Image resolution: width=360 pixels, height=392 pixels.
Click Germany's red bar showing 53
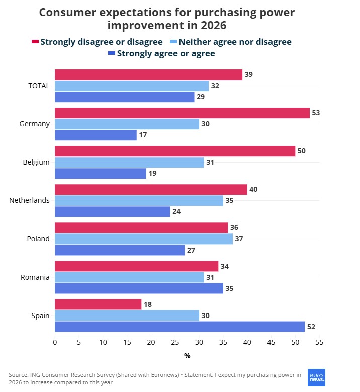(182, 113)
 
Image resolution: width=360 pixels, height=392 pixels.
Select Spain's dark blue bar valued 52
(179, 327)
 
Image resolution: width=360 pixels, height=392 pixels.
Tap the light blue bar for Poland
(144, 239)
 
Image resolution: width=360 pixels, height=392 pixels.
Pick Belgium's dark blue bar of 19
(101, 174)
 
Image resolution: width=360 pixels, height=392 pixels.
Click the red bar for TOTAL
(148, 74)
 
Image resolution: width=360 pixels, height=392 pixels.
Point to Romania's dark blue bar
(139, 288)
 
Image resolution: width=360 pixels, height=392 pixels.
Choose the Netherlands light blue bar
(139, 200)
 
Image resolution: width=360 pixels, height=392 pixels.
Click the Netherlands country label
(29, 200)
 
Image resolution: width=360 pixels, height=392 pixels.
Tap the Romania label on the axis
(35, 277)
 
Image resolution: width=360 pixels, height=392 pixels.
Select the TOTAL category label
(39, 86)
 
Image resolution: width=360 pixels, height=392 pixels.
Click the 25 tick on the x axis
(175, 342)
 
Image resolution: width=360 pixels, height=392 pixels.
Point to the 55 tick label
(319, 342)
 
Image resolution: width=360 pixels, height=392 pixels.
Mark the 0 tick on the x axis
(55, 342)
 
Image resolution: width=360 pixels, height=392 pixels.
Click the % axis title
(187, 356)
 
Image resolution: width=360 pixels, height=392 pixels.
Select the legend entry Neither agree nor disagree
(235, 42)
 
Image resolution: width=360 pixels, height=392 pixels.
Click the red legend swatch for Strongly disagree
(35, 42)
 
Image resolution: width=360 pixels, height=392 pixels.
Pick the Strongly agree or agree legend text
(166, 53)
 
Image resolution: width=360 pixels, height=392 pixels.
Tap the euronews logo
(316, 377)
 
